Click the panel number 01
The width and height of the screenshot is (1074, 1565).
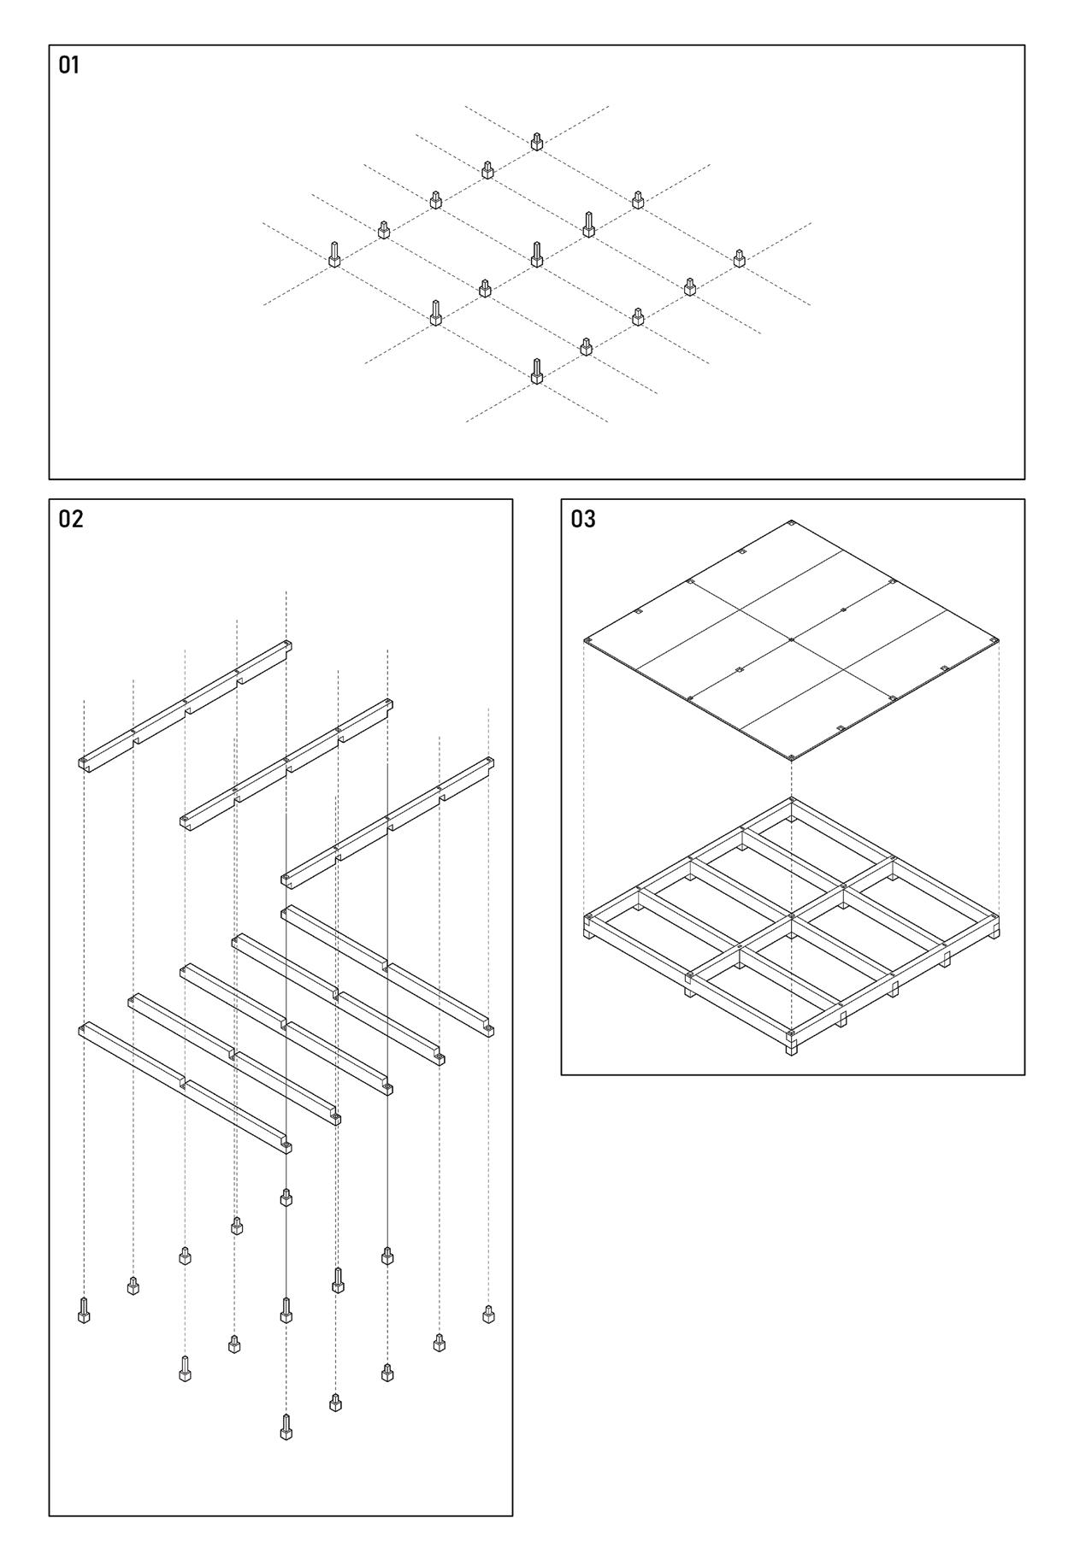tap(68, 65)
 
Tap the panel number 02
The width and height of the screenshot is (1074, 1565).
tap(71, 519)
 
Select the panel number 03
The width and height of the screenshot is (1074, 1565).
tap(583, 519)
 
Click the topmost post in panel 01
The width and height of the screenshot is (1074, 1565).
tap(536, 142)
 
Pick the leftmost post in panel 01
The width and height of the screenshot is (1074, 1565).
tap(334, 255)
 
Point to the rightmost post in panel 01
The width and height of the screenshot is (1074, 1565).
tap(739, 258)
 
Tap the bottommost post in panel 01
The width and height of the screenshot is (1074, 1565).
tap(536, 372)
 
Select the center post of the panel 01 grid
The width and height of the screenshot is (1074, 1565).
tap(536, 255)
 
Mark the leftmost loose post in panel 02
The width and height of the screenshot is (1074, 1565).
tap(84, 1310)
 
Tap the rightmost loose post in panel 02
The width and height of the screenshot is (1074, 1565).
tap(488, 1314)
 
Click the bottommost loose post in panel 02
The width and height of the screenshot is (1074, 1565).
tap(286, 1427)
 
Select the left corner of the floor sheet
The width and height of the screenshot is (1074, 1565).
tap(587, 640)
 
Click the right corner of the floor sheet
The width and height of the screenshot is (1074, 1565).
tap(997, 640)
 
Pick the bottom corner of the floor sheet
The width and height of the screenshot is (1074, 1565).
tap(792, 759)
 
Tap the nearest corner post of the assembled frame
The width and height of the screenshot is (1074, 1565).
tap(792, 1044)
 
